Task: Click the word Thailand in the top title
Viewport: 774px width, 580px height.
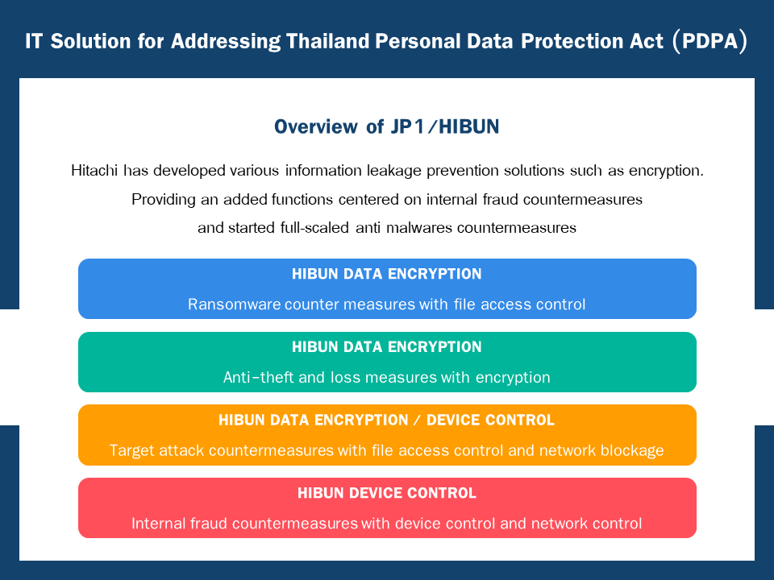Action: click(x=327, y=41)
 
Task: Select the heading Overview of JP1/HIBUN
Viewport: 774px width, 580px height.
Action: click(x=386, y=126)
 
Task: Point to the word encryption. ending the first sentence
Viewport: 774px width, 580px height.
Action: click(x=666, y=171)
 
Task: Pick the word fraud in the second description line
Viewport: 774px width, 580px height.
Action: click(x=500, y=199)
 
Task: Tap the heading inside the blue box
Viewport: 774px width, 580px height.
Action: click(x=386, y=274)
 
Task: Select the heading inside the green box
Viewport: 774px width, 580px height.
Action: click(x=386, y=346)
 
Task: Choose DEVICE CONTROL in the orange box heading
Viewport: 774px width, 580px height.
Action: click(x=490, y=420)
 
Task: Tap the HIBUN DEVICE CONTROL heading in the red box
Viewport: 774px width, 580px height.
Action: click(x=386, y=493)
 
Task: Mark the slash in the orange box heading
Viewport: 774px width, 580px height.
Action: click(x=417, y=420)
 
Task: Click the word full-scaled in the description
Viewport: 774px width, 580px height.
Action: click(x=314, y=228)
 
